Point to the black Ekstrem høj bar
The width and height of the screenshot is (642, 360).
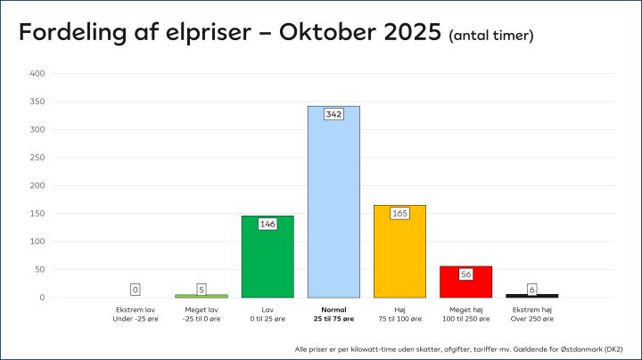tap(531, 295)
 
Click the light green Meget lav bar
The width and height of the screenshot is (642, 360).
tap(202, 295)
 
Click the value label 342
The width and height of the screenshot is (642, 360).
tap(333, 114)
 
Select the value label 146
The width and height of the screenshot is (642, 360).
tap(267, 225)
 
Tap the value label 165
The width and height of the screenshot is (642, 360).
tap(399, 214)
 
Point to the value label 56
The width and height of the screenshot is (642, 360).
tap(465, 274)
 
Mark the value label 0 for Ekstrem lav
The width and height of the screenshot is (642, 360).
tap(136, 290)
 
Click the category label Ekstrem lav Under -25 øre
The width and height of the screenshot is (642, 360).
tap(136, 314)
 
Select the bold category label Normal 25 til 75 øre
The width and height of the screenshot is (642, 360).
tap(333, 314)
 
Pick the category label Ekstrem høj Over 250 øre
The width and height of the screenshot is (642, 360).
tap(531, 314)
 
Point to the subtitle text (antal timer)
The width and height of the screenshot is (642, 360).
tap(491, 36)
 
